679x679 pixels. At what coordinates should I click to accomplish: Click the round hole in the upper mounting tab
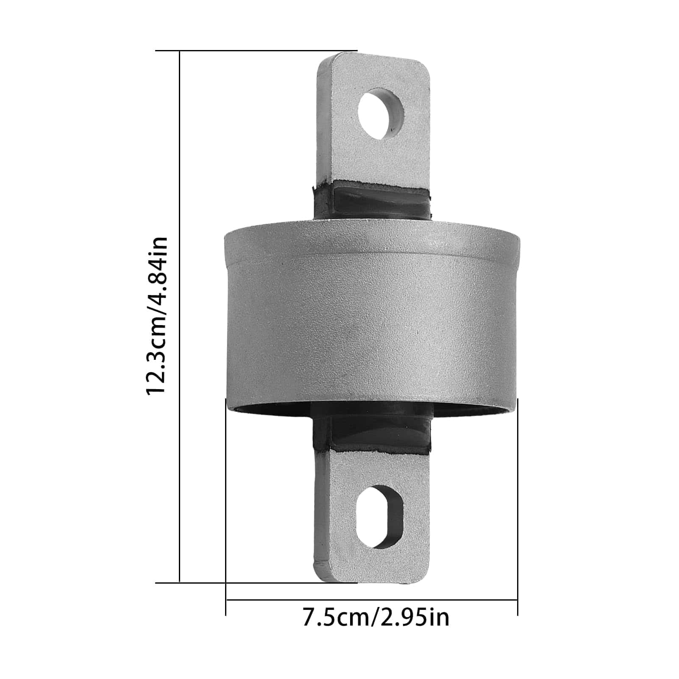(380, 113)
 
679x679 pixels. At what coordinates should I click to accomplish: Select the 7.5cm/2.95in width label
(376, 617)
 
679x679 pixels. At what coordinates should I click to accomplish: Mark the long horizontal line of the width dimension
(372, 600)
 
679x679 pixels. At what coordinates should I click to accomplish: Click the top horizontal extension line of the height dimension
(256, 51)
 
